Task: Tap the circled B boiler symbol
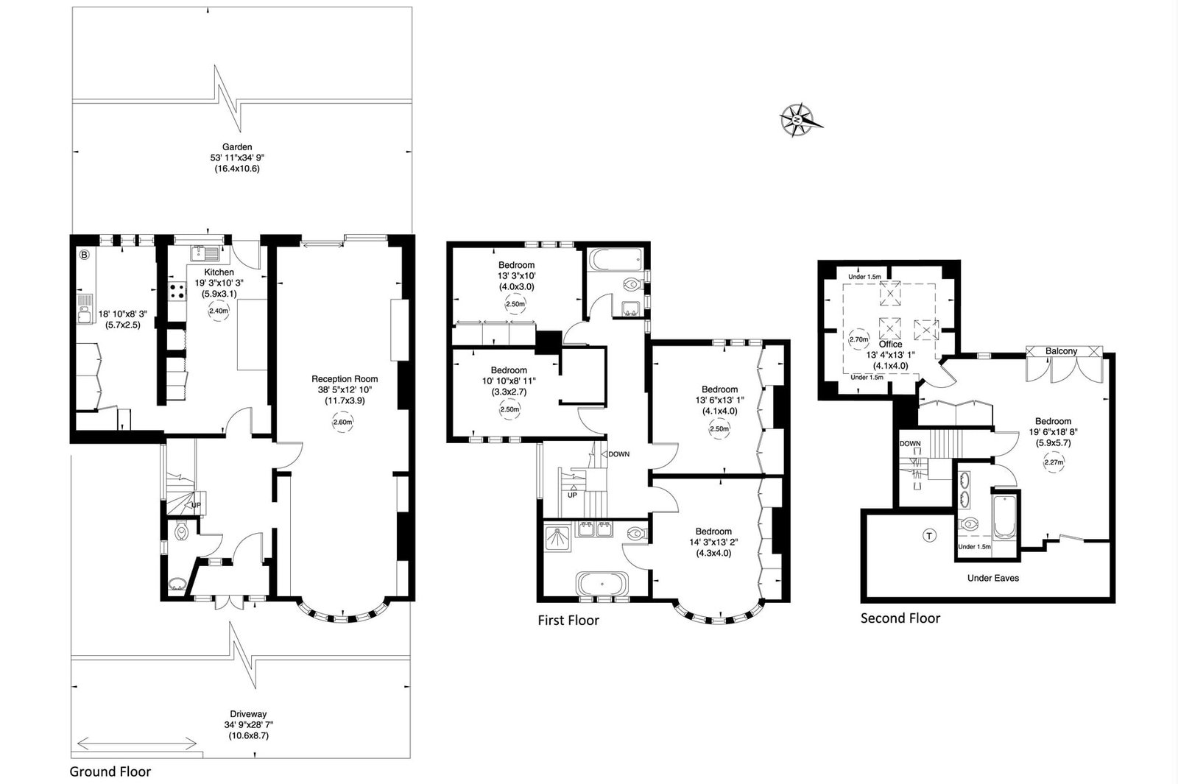[84, 255]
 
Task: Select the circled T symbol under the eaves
[930, 536]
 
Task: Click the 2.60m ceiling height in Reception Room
[342, 422]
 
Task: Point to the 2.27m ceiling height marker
[1054, 462]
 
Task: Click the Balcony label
[1061, 350]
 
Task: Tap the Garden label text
[236, 147]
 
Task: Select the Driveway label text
[248, 714]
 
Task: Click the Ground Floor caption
[110, 771]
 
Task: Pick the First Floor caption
[568, 621]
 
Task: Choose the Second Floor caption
[900, 618]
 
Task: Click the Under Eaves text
[993, 578]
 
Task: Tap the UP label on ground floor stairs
[196, 505]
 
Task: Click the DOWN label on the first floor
[618, 454]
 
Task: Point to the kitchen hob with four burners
[177, 292]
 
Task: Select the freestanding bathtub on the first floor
[602, 584]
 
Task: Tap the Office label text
[890, 344]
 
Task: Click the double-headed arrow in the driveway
[137, 744]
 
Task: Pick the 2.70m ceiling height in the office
[858, 339]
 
